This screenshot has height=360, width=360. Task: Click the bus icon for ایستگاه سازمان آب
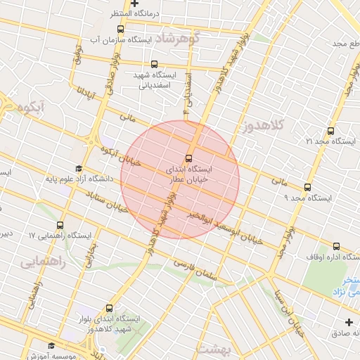[x=121, y=29]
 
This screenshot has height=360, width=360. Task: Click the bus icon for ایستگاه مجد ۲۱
[x=331, y=131]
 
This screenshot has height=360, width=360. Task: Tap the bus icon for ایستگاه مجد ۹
[x=307, y=188]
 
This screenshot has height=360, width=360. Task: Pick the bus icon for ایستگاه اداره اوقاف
[x=336, y=247]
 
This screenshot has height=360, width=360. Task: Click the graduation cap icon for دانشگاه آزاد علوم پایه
[x=79, y=169]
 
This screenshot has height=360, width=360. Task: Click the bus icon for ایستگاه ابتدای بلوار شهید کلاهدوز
[x=109, y=308]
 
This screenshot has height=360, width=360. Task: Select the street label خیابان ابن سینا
[x=297, y=309]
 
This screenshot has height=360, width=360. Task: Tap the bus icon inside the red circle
[x=188, y=158]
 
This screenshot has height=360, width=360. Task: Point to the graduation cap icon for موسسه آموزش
[x=51, y=345]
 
